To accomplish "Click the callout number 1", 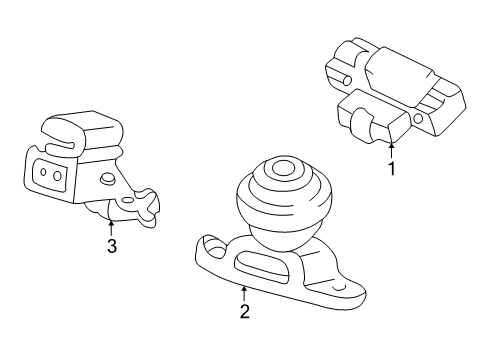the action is pyautogui.click(x=391, y=169).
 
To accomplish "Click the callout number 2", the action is pyautogui.click(x=244, y=311).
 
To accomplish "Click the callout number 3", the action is pyautogui.click(x=111, y=246).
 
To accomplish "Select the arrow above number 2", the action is pyautogui.click(x=244, y=292).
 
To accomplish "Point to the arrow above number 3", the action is pyautogui.click(x=111, y=228).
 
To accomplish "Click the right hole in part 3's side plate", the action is pyautogui.click(x=59, y=177).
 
